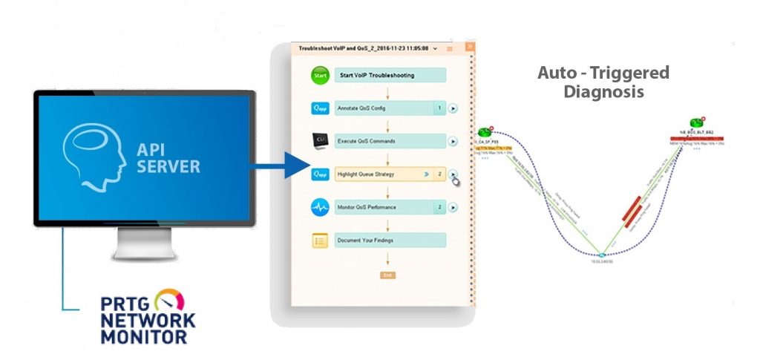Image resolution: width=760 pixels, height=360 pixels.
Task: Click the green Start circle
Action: pos(319,75)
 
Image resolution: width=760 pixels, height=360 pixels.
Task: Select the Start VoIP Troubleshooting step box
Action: pos(390,75)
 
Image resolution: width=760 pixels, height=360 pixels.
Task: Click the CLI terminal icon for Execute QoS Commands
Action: pos(319,140)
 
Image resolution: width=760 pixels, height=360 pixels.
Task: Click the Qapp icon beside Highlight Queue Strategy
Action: pos(319,174)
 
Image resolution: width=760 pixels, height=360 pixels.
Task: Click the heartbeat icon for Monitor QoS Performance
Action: pos(319,207)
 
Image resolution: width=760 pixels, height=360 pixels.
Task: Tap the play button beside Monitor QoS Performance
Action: pos(453,207)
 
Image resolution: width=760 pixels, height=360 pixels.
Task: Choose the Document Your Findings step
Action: pos(390,240)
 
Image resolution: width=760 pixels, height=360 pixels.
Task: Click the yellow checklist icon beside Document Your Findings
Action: pos(319,240)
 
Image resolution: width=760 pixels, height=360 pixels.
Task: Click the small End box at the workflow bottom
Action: pos(387,275)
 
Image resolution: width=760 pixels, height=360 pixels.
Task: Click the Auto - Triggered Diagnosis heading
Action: pos(603,82)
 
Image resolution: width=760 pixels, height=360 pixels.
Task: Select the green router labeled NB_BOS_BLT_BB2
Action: pos(696,123)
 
